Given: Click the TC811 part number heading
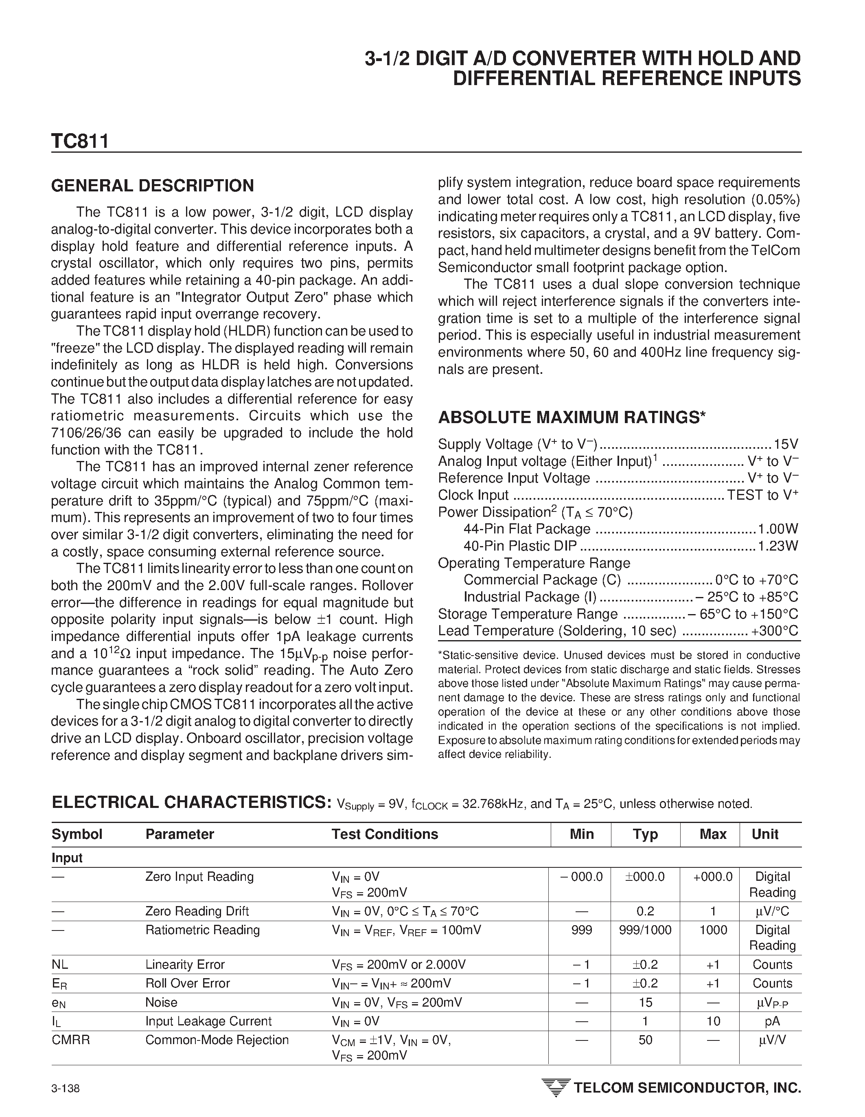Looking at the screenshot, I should tap(80, 142).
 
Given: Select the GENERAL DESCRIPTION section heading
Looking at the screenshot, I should tap(152, 186).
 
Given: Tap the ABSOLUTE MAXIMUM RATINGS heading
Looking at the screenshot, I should tap(572, 418).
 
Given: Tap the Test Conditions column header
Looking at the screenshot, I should tap(384, 834).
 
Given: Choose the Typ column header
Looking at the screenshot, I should tap(645, 834).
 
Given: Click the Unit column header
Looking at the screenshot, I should tap(765, 834).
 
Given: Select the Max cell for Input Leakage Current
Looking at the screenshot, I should tap(713, 1021).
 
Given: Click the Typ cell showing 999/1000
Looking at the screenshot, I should tap(645, 930).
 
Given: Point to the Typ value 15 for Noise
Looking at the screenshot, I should tap(645, 1003).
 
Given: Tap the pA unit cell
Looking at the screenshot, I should tap(772, 1021).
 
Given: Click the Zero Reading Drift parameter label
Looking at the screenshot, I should tap(197, 911).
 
